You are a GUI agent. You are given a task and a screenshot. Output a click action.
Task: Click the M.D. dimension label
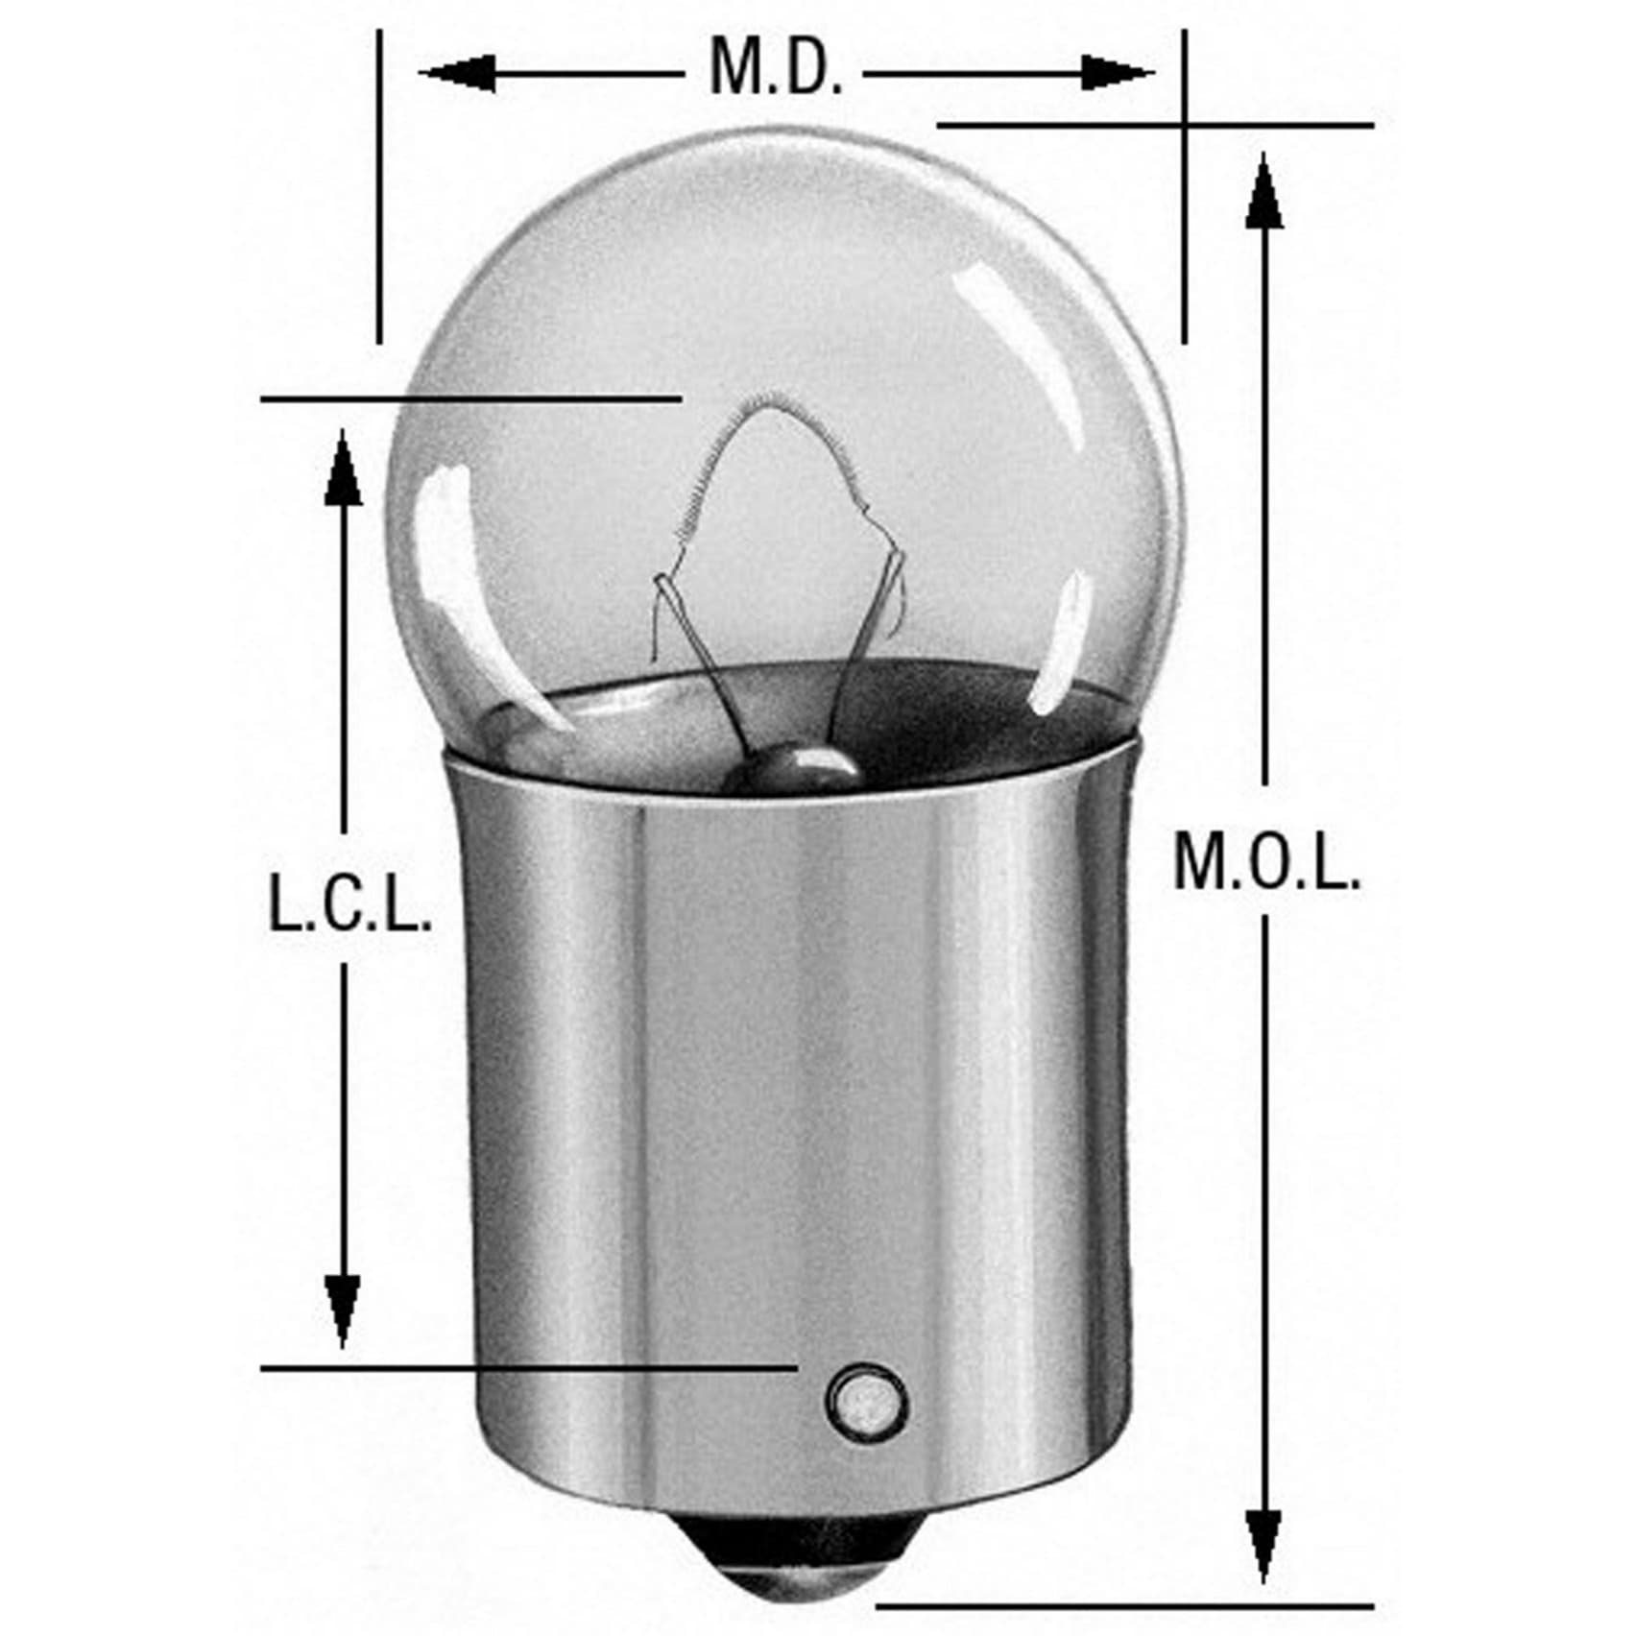pos(776,67)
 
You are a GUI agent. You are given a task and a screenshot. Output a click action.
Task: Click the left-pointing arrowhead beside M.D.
pos(457,73)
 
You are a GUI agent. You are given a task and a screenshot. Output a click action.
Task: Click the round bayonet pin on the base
pos(865,1400)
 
